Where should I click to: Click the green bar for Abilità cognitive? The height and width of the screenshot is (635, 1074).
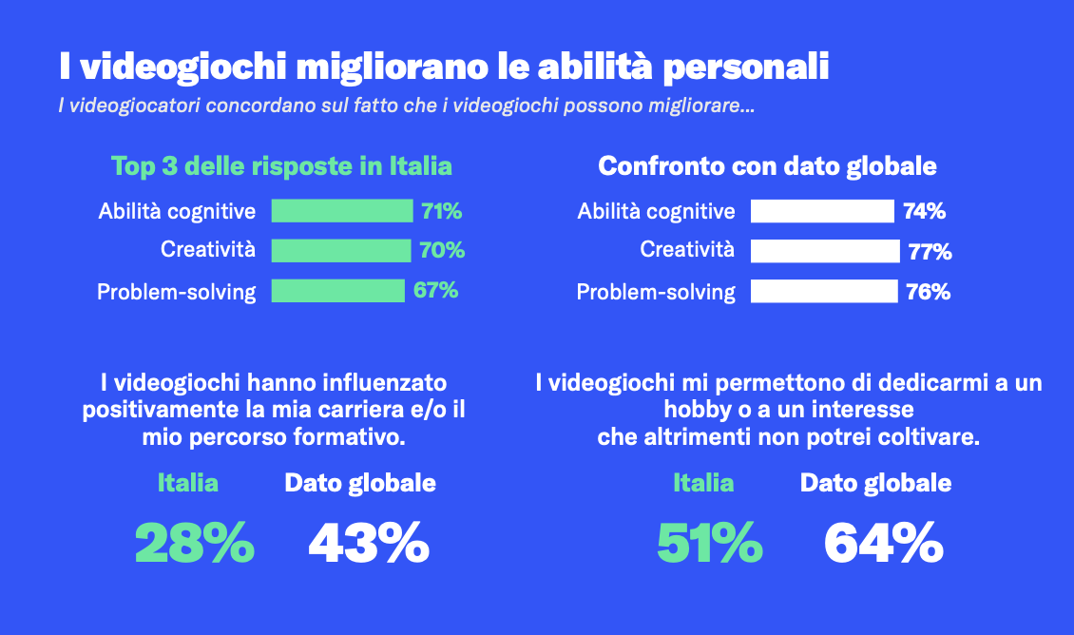[x=341, y=210]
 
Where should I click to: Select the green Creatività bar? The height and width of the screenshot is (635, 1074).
[x=341, y=250]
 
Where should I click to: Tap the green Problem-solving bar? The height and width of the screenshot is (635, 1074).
[x=337, y=290]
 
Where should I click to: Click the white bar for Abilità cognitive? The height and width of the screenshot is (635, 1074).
[x=822, y=211]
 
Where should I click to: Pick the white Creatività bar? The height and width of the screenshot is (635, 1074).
[x=825, y=251]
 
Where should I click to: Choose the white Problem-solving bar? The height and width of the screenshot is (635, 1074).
[x=824, y=291]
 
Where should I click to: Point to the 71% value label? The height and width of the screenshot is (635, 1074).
[x=441, y=211]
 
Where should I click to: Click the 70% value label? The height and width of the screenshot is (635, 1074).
[x=442, y=251]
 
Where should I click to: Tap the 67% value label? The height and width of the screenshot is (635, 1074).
[x=436, y=290]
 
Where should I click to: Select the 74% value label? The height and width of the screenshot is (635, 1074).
[x=925, y=212]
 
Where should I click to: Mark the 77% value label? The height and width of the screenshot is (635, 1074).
[x=930, y=252]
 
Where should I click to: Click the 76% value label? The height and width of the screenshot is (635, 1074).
[x=929, y=292]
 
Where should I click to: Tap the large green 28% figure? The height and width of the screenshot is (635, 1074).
[x=195, y=544]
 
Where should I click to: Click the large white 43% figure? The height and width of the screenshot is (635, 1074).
[x=369, y=544]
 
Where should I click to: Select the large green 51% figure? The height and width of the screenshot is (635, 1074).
[x=709, y=544]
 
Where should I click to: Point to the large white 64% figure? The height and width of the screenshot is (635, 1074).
[x=883, y=544]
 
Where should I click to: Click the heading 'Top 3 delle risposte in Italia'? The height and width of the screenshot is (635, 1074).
[x=282, y=166]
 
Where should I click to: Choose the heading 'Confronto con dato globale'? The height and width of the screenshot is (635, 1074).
[x=767, y=166]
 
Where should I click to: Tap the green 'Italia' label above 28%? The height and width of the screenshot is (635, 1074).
[x=187, y=483]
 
